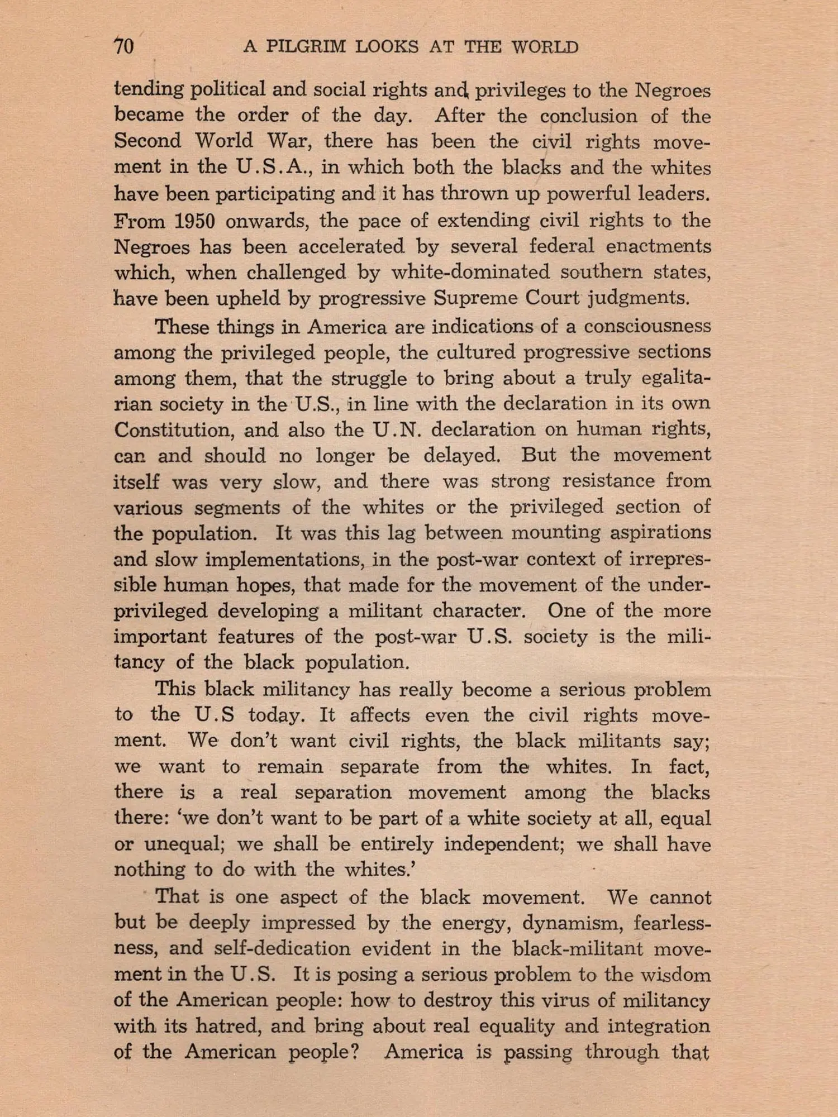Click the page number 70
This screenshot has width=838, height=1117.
[x=123, y=46]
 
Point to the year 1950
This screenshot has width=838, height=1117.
[x=194, y=221]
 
